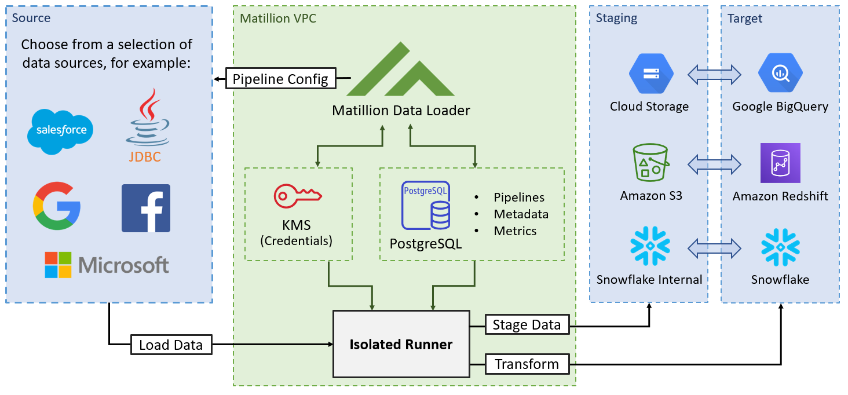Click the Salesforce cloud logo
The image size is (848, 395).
coord(60,130)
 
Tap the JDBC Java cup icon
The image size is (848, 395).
coord(147,118)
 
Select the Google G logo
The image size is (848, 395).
coord(56,206)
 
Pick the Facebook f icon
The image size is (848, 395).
coord(146,209)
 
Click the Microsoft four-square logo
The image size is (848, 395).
coord(58,265)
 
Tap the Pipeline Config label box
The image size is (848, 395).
coord(280,79)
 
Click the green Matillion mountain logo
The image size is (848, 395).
coord(400,70)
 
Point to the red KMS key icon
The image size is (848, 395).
coord(298,196)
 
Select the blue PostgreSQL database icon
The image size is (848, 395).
coord(426,205)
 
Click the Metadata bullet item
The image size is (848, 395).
coord(520,214)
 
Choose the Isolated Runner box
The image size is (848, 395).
coord(401,345)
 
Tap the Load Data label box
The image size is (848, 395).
coord(171,345)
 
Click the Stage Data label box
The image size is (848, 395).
coord(527,325)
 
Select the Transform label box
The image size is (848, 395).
coord(527,364)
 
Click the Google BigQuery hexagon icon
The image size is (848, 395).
coord(780,73)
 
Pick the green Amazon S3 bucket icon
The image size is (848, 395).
coord(651,163)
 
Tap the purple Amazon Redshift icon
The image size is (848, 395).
coord(780,163)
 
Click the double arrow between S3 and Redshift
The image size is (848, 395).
coord(715,163)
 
